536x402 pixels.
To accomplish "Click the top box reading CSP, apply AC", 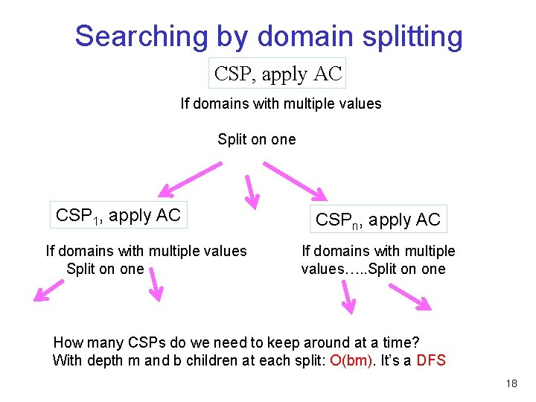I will point(278,74).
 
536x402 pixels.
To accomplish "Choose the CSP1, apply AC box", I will point(118,215).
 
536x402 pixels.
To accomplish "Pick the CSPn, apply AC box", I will point(378,219).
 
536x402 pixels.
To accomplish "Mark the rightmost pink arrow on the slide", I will point(411,297).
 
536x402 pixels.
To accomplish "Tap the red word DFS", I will point(431,361).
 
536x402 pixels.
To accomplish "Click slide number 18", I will point(511,383).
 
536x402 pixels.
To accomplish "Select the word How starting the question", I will point(68,342).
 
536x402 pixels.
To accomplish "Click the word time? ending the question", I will point(403,342).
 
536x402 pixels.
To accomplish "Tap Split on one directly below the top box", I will point(256,139).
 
